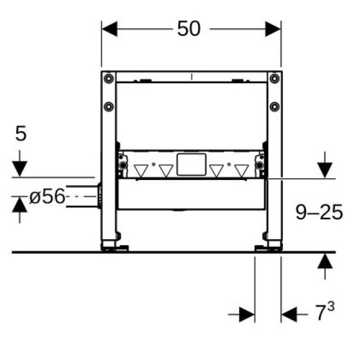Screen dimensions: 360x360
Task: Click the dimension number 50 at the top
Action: pos(189,28)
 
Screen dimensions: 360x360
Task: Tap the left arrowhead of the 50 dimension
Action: pos(109,28)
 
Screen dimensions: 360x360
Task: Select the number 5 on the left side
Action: pos(21,134)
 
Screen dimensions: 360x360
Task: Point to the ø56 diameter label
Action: pos(47,197)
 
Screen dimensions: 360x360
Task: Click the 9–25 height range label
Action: pos(319,212)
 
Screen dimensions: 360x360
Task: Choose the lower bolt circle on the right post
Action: pos(273,106)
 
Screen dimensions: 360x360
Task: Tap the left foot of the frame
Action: pos(115,246)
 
